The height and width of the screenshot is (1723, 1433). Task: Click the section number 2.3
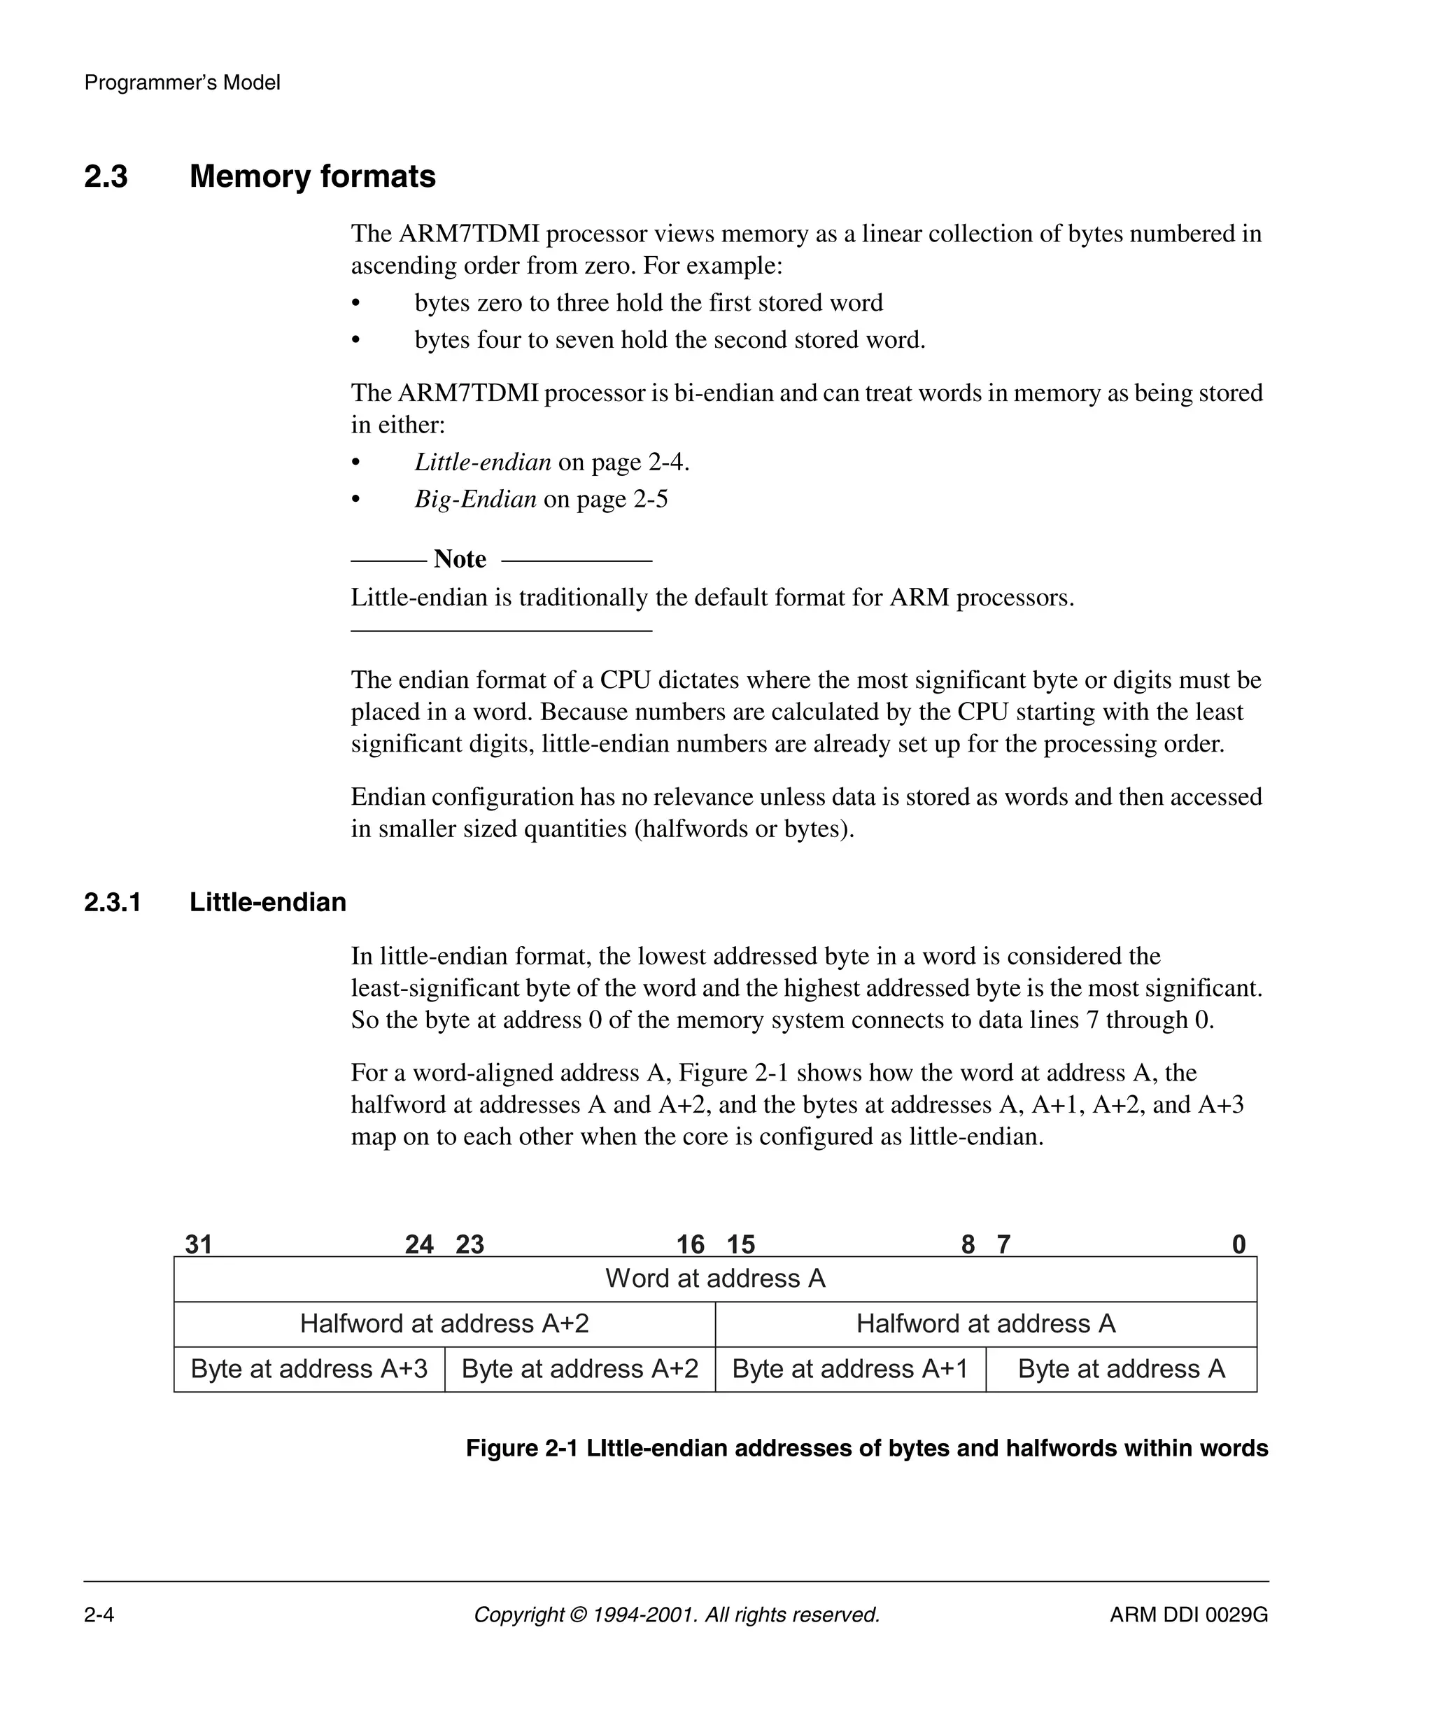pyautogui.click(x=106, y=176)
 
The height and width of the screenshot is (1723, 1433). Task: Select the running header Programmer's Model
pyautogui.click(x=182, y=83)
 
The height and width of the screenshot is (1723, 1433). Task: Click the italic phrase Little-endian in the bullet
pyautogui.click(x=482, y=462)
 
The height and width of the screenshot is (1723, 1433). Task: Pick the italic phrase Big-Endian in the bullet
pyautogui.click(x=475, y=499)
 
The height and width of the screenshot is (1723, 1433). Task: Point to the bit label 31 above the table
pyautogui.click(x=199, y=1245)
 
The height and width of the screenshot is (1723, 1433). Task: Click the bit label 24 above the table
pyautogui.click(x=418, y=1245)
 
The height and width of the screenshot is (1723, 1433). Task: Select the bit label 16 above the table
pyautogui.click(x=690, y=1245)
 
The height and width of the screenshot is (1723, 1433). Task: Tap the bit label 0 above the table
pyautogui.click(x=1238, y=1245)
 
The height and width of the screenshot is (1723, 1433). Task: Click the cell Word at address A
pyautogui.click(x=714, y=1279)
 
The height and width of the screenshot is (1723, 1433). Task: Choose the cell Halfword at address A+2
pyautogui.click(x=444, y=1323)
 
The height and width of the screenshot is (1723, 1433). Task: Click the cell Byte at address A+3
pyautogui.click(x=309, y=1369)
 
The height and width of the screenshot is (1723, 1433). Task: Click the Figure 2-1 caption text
pyautogui.click(x=866, y=1448)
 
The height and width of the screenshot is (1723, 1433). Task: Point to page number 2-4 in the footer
pyautogui.click(x=99, y=1615)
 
